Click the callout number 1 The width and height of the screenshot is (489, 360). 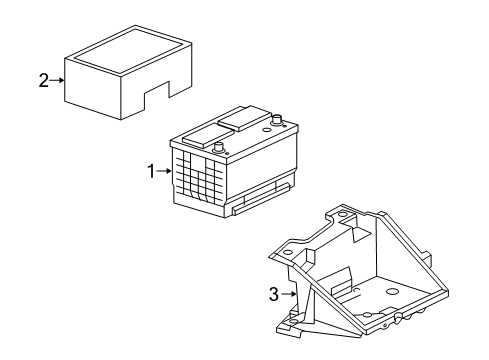click(x=152, y=172)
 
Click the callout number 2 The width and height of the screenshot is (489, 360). click(x=43, y=81)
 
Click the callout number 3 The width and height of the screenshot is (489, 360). click(x=272, y=294)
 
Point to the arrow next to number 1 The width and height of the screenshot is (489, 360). click(x=164, y=172)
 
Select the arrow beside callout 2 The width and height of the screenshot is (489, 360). click(x=57, y=81)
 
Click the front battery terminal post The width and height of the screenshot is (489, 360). click(x=218, y=147)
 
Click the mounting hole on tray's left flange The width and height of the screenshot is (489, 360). click(x=286, y=254)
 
